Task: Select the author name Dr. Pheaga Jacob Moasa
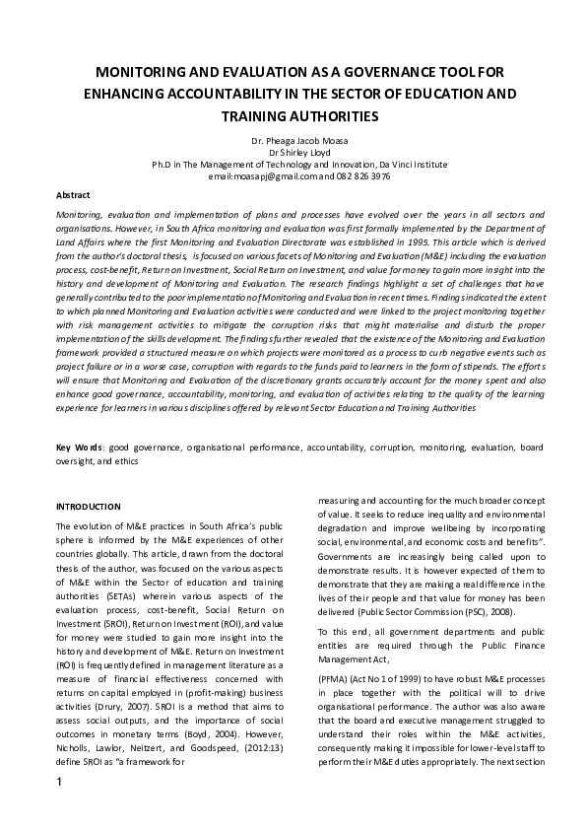293,142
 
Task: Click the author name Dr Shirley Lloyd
293,153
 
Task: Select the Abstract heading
73,195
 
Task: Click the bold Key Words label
79,449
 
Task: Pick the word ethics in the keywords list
125,460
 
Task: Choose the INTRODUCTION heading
89,507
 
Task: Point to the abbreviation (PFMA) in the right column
335,679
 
